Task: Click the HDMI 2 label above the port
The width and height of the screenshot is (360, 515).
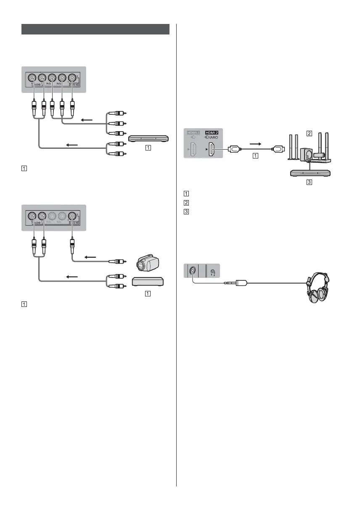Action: pyautogui.click(x=211, y=132)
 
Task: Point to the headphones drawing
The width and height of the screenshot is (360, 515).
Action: pyautogui.click(x=318, y=288)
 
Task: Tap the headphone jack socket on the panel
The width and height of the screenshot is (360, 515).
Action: pyautogui.click(x=192, y=271)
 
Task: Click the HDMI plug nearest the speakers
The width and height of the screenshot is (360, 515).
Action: pyautogui.click(x=277, y=148)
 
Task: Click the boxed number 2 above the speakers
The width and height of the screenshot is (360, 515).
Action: pyautogui.click(x=309, y=134)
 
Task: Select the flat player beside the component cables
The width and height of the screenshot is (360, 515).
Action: pyautogui.click(x=148, y=138)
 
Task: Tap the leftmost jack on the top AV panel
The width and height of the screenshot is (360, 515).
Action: pyautogui.click(x=32, y=78)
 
